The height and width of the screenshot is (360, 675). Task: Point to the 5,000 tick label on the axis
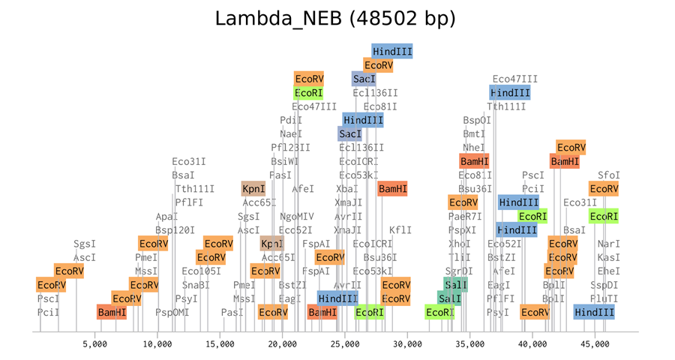(94, 344)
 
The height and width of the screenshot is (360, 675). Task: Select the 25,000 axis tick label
(344, 344)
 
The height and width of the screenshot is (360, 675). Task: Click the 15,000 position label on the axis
(220, 344)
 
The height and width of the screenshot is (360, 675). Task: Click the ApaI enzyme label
(167, 217)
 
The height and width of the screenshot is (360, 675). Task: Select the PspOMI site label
(172, 312)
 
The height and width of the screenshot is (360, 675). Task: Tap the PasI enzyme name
(232, 312)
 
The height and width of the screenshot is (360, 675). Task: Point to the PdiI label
(291, 120)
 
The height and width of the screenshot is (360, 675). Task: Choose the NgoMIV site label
(297, 217)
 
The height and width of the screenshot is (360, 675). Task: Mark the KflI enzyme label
(400, 230)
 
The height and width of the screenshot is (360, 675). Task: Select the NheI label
(474, 148)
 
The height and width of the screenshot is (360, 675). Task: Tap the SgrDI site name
(459, 271)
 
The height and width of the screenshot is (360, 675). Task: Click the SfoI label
(608, 175)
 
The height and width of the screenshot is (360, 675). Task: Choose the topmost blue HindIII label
(392, 51)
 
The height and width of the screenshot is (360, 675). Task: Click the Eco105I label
(202, 271)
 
